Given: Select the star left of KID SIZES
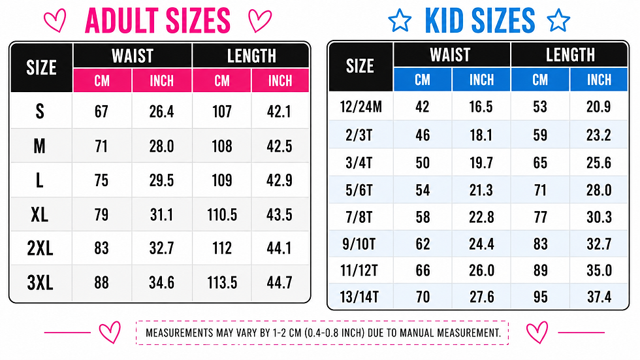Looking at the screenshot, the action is [400, 21].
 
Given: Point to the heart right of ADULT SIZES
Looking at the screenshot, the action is [260, 21].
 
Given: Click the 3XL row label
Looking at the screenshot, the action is [40, 282].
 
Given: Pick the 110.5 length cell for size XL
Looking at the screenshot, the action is [222, 215].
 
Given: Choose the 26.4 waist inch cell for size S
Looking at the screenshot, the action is [161, 112].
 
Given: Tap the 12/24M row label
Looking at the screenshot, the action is [360, 106].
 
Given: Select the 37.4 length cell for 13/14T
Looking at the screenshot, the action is [600, 297].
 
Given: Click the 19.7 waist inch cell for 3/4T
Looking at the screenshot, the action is [481, 163].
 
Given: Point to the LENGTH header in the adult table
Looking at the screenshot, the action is [251, 56].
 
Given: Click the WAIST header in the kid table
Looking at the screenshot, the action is [450, 55].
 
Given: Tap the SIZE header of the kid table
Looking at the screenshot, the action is [360, 66].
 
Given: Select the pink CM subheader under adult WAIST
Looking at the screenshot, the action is [102, 81].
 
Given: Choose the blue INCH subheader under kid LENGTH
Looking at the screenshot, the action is [600, 80].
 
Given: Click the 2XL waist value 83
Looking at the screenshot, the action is [102, 248].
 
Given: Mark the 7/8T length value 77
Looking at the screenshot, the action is [541, 217].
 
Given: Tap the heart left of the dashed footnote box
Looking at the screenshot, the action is [110, 333].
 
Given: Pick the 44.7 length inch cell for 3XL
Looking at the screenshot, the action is [280, 282].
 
